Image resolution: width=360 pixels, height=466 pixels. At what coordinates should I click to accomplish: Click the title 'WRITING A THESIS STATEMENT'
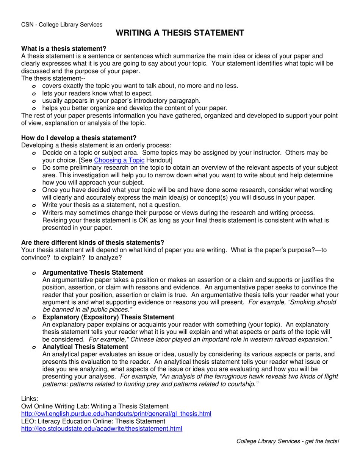coord(180,33)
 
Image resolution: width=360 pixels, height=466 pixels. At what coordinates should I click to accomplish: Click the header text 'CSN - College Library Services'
coord(62,25)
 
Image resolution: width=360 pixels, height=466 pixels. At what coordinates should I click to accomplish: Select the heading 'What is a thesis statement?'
coord(64,48)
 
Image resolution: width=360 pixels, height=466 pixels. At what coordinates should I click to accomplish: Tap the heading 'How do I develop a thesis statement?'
coord(79,138)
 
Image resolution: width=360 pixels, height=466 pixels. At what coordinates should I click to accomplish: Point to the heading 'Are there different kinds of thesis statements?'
coord(93,242)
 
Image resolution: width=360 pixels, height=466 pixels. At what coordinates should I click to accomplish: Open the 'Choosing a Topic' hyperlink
coord(119,160)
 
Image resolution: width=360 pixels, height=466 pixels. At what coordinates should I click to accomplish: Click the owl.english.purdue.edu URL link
coord(116,414)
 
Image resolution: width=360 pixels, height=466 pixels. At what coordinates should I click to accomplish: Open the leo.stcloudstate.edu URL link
coord(102,429)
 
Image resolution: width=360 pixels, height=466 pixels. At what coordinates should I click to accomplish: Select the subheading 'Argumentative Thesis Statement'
coord(93,272)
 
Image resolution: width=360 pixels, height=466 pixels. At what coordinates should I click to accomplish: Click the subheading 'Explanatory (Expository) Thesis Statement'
coord(108,317)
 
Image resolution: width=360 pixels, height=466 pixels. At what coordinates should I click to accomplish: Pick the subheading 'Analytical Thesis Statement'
coord(85,347)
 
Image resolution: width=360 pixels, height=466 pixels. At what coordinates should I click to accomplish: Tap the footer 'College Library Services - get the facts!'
coord(288,441)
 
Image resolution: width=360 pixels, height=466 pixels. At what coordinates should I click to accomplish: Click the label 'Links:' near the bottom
coord(30,399)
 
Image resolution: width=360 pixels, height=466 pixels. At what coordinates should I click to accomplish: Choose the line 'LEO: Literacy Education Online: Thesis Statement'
coord(93,421)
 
